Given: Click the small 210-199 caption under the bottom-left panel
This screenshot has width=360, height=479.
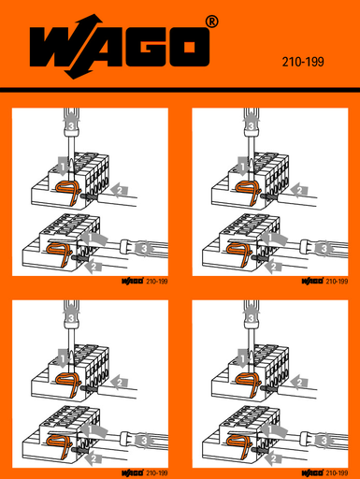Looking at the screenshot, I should click(156, 473).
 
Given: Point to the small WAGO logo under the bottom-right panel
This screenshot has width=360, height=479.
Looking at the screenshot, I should click(311, 473).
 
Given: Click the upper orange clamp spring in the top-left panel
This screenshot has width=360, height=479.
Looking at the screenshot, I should click(66, 191).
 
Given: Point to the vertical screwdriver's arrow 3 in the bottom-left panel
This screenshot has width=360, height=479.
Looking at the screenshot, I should click(69, 317).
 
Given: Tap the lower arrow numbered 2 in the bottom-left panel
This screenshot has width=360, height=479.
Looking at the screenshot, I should click(91, 458).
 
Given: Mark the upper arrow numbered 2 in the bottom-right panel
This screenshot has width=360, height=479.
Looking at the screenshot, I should click(296, 382).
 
